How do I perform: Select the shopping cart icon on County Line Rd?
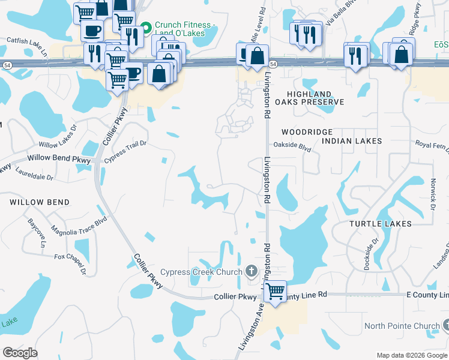[x=275, y=292]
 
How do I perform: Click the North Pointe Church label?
[x=402, y=326]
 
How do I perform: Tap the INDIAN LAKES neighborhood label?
[x=352, y=141]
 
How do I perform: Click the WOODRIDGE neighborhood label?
[x=307, y=131]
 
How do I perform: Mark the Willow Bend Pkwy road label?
[x=58, y=159]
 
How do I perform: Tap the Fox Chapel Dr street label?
[x=70, y=265]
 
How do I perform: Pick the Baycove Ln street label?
[x=37, y=230]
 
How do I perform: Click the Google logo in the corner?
[x=20, y=352]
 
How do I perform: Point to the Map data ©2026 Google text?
[x=411, y=355]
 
